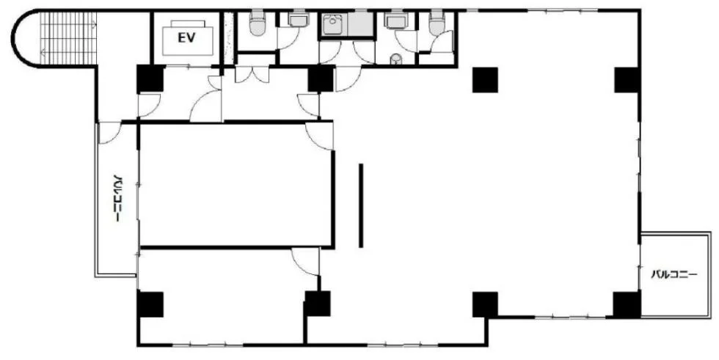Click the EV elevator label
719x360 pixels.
186,38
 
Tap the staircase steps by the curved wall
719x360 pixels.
68,38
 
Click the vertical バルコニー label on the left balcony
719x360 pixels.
118,198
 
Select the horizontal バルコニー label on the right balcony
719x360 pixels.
674,275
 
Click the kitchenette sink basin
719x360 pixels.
333,23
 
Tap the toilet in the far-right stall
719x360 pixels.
437,23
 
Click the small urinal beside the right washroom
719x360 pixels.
397,59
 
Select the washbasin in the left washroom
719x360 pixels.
299,20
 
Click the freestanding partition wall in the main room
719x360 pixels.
361,205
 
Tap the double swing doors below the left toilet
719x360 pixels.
252,75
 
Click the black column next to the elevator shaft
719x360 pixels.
150,78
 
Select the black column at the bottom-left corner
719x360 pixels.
150,304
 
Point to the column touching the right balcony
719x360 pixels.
627,304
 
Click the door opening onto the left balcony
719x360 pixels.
109,133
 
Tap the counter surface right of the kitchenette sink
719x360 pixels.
360,23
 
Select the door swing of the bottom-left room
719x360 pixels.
305,262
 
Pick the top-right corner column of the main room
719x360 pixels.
627,80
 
